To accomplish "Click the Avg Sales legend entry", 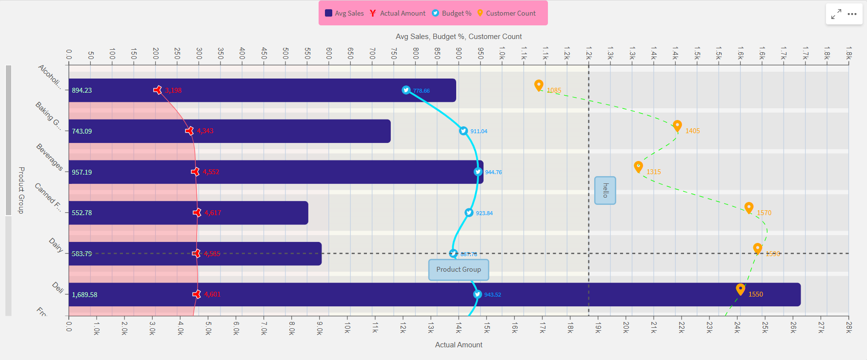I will click(344, 13).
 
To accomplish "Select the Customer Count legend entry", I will click(506, 13).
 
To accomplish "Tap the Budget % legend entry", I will click(452, 13).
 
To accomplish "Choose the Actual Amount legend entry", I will click(398, 13).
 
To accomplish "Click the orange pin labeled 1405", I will click(677, 126).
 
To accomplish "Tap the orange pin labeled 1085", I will click(539, 85).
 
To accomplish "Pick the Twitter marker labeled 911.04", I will click(464, 131).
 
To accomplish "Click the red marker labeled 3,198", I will click(158, 90).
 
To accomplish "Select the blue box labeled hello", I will click(605, 190).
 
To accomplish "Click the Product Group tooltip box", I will click(459, 270).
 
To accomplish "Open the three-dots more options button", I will click(852, 14).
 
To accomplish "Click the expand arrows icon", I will click(836, 14).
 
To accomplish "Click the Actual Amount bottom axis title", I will click(459, 345).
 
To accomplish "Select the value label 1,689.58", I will click(84, 295).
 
